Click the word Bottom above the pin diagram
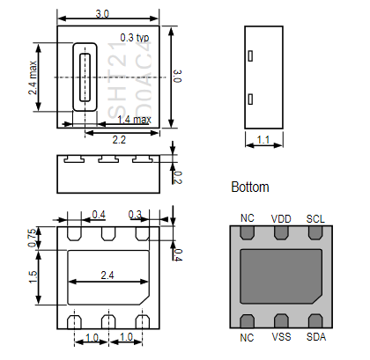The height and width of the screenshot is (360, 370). pos(249,187)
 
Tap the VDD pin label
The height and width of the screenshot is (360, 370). pos(280,218)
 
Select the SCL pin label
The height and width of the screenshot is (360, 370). pos(314,218)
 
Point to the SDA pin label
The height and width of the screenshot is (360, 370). pos(314,337)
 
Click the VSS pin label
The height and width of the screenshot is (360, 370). pos(280,337)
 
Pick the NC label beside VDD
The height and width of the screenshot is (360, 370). pos(247,218)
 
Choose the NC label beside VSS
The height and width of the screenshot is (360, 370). pos(247,337)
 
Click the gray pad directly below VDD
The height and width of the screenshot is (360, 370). pos(281,233)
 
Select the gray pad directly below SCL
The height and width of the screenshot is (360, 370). pos(314,233)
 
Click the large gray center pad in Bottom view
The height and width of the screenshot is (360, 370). pos(280,276)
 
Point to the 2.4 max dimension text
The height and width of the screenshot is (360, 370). pos(33,77)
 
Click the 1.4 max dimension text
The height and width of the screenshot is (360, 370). pos(133,120)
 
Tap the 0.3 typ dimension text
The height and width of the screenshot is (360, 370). pos(135,39)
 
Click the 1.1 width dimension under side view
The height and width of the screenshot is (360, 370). pos(263,139)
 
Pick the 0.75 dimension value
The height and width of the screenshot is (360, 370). pos(33,238)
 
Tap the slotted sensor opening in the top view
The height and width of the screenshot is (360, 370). pos(85,77)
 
